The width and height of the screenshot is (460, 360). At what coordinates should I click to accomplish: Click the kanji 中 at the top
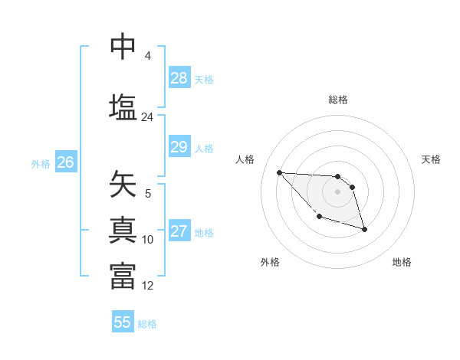[123, 47]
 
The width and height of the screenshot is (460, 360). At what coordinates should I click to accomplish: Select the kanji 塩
[123, 106]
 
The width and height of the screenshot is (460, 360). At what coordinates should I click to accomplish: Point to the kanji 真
[123, 231]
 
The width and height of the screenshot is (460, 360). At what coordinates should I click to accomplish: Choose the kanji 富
[123, 276]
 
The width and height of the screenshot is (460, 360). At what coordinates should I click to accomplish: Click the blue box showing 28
[179, 78]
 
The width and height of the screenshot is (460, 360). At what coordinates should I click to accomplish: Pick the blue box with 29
[179, 148]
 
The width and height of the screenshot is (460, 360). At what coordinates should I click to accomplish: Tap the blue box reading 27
[179, 232]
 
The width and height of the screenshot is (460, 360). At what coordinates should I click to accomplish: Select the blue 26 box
[66, 162]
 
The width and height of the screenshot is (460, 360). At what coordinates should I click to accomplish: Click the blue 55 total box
[123, 322]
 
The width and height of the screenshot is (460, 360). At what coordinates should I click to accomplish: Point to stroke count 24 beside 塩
[147, 117]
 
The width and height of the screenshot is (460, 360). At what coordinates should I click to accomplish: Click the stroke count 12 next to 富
[147, 286]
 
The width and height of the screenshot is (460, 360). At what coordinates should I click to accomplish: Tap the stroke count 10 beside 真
[147, 240]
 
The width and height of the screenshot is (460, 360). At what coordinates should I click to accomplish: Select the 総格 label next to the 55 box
[147, 324]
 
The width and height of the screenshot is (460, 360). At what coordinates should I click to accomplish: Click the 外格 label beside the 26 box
[41, 164]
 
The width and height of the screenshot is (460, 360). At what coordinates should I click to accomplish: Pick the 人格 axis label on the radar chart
[245, 159]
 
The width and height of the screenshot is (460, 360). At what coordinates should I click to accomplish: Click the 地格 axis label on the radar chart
[402, 262]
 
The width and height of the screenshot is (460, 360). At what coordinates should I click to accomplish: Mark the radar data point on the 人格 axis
[279, 172]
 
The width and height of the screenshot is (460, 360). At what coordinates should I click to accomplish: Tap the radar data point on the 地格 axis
[364, 229]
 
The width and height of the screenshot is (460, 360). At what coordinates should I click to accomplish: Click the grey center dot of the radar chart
[337, 191]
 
